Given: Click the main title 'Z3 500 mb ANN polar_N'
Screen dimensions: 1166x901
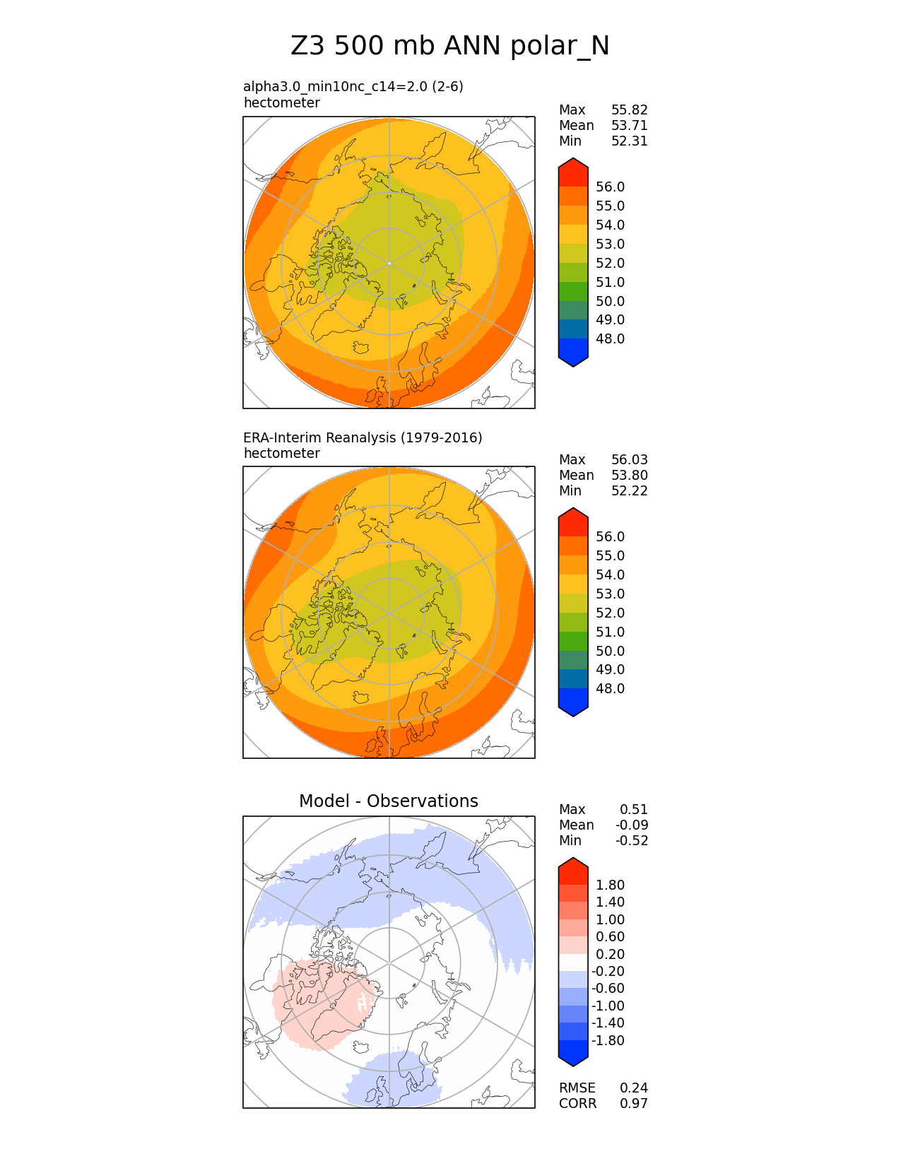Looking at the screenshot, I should [x=450, y=46].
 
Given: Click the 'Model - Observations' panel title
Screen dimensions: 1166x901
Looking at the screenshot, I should [x=388, y=801].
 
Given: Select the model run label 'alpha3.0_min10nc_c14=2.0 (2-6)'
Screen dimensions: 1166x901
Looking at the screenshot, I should [x=353, y=86].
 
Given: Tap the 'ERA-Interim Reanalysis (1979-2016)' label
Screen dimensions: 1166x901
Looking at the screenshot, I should [x=363, y=437].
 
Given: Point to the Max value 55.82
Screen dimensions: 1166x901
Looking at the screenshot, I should [x=629, y=110].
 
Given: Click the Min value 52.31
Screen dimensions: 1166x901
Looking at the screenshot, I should [x=629, y=141].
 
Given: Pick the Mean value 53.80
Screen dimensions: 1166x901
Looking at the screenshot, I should [x=629, y=475].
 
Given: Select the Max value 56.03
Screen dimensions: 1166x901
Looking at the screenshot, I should [x=629, y=459].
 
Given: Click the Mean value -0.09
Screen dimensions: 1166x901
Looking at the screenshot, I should [x=631, y=825].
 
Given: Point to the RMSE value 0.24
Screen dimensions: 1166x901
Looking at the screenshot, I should [x=633, y=1088].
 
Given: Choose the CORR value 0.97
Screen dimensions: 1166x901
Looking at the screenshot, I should [x=633, y=1103].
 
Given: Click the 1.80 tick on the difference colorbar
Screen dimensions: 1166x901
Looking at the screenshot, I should [x=610, y=885].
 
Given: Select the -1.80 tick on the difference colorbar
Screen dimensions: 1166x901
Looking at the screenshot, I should [x=608, y=1040].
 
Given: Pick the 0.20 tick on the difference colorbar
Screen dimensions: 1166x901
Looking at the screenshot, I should [x=610, y=954].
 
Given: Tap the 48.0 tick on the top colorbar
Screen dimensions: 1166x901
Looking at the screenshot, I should [x=610, y=338].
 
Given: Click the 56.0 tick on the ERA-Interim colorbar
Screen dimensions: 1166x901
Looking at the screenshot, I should [x=610, y=536].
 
